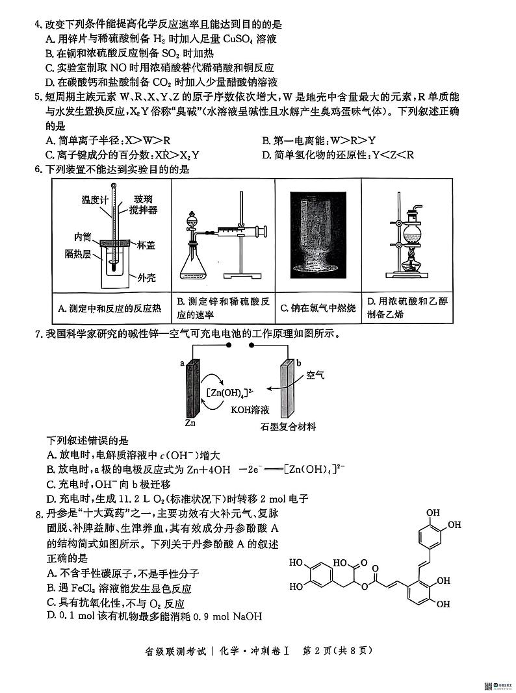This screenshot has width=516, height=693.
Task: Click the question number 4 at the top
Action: pos(38,25)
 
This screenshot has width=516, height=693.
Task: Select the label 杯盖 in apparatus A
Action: pos(146,246)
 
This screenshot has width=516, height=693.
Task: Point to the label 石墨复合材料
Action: pos(288,427)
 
